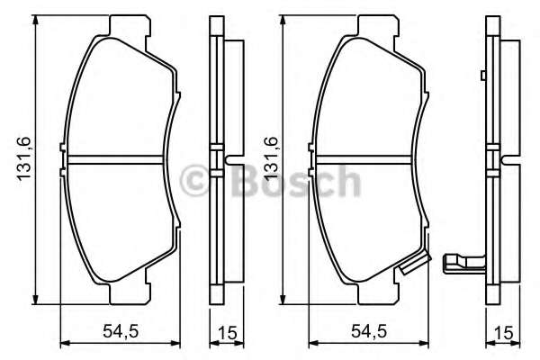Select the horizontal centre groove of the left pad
coord(118,163)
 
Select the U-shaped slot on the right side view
coord(510,163)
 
